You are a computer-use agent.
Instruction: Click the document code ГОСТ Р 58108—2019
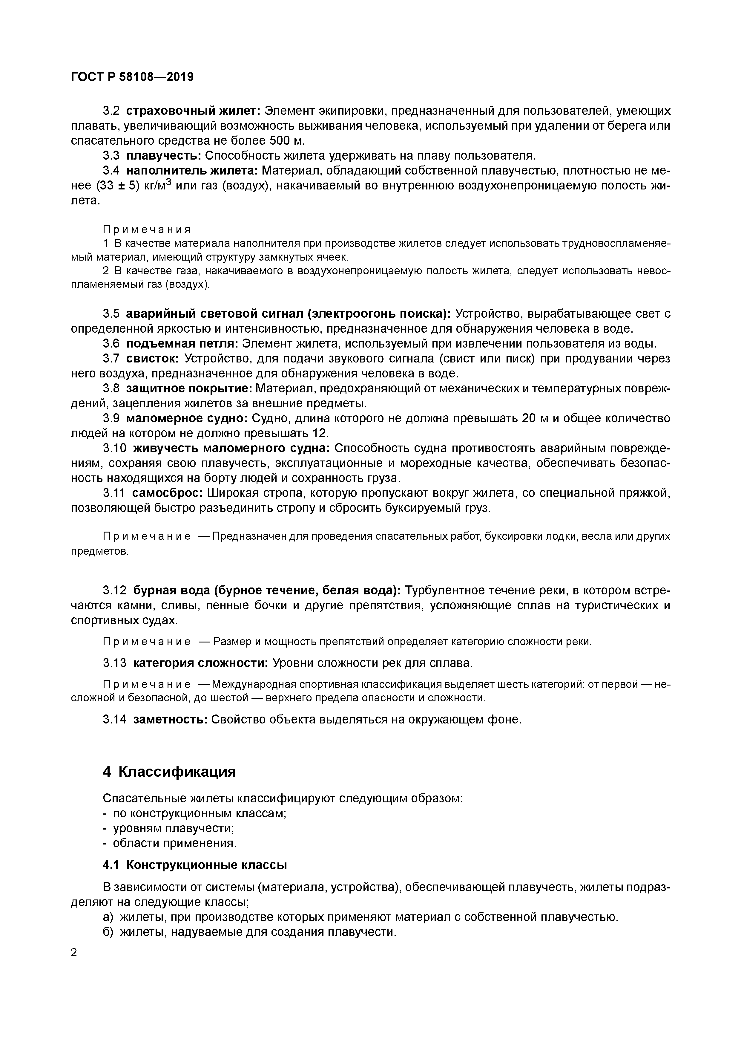(x=132, y=77)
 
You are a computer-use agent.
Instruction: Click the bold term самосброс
(x=168, y=493)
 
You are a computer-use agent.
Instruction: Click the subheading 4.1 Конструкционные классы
(x=195, y=865)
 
